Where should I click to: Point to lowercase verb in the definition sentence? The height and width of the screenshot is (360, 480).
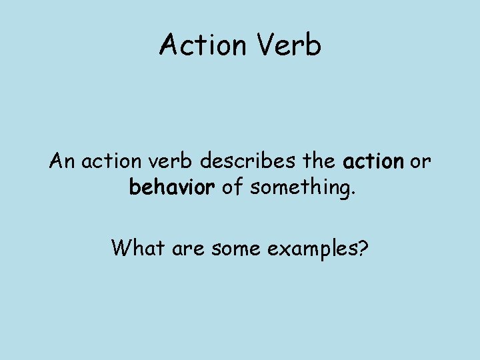173,162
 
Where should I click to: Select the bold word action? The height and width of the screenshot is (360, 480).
373,162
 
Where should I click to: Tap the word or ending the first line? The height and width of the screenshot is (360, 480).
421,162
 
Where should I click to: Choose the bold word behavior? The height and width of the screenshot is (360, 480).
171,188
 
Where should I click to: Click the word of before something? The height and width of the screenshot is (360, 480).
231,188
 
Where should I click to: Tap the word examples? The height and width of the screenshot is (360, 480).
310,249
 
